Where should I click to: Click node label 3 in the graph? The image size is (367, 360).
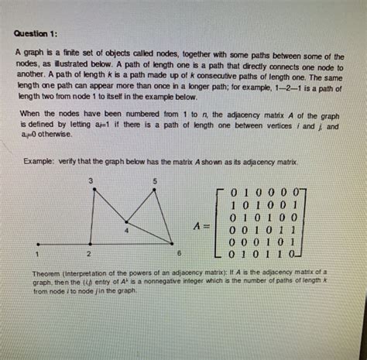91,180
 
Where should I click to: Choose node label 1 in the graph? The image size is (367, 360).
35,253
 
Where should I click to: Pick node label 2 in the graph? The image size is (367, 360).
91,253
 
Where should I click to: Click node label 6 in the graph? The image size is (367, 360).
178,253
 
